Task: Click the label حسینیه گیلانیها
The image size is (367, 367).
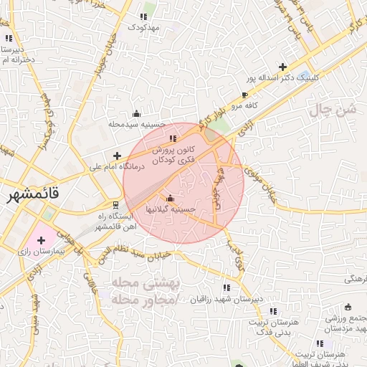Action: [x=170, y=209]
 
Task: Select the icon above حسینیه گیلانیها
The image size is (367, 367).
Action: [x=170, y=199]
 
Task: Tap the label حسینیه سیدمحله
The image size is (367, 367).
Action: [x=136, y=124]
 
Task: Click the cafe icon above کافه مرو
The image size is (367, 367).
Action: [x=245, y=95]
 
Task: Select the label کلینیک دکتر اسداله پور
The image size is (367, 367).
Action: [x=284, y=77]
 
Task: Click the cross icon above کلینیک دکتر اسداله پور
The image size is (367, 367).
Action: [x=284, y=66]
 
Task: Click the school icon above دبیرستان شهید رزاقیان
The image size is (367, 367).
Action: [x=227, y=288]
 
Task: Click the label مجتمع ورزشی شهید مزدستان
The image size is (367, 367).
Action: [x=342, y=323]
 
